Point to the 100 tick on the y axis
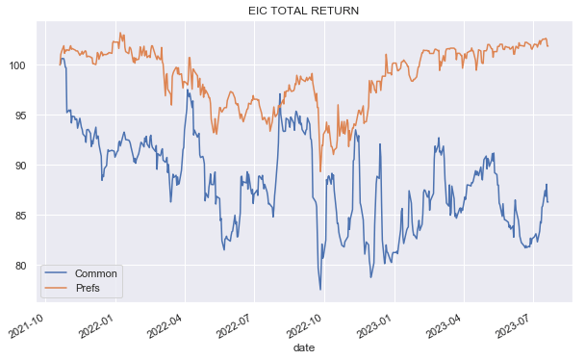[x=19, y=65]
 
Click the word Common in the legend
[x=95, y=273]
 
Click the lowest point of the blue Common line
[x=320, y=290]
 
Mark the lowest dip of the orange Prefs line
[x=320, y=171]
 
